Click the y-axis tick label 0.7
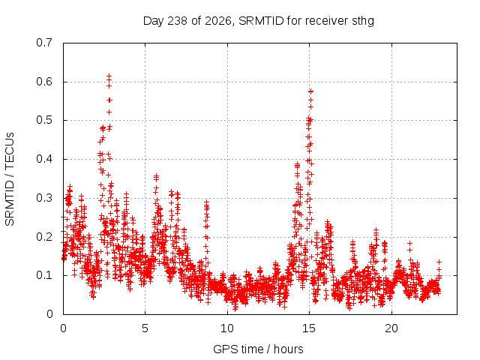[44, 43]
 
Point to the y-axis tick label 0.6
[44, 82]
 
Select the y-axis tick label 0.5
[44, 120]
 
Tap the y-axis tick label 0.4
[44, 159]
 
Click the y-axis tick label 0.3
[44, 198]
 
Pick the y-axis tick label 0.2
[44, 237]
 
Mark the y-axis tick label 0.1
[44, 275]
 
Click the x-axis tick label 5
[145, 328]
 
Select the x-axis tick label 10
[227, 328]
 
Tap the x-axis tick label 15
[309, 328]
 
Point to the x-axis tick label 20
[391, 328]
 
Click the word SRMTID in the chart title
[262, 21]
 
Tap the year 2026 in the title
[217, 21]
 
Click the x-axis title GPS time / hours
[258, 349]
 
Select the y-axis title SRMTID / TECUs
[10, 179]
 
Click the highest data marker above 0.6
[109, 76]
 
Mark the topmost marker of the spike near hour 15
[311, 91]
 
